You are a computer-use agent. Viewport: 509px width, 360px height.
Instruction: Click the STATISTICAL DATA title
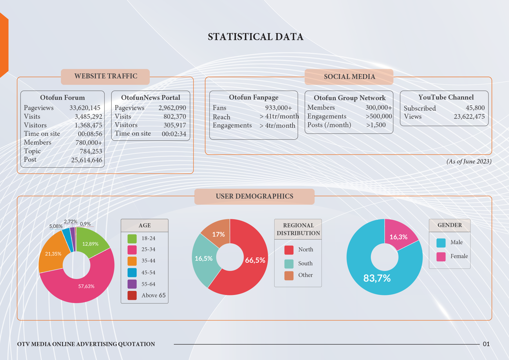tap(255, 37)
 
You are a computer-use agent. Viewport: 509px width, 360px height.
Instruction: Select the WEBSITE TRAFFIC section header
tap(106, 76)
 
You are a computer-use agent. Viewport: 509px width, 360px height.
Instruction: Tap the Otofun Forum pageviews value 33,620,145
tap(85, 108)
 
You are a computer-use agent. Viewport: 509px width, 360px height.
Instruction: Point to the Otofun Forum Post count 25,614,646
tap(86, 160)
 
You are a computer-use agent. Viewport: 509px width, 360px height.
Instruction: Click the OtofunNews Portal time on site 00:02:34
tap(174, 134)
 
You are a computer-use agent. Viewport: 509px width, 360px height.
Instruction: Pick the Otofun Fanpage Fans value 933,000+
tap(278, 108)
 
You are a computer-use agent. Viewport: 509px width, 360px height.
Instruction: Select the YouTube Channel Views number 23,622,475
tap(469, 117)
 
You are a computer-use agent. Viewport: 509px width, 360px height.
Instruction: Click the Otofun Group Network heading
tap(349, 98)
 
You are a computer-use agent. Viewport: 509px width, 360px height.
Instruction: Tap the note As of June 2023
tap(469, 161)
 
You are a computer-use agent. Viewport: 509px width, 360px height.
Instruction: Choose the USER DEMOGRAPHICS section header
tap(255, 196)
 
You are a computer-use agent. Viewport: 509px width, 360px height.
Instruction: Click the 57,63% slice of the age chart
tap(86, 286)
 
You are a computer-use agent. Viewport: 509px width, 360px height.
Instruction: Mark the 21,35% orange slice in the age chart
tap(53, 253)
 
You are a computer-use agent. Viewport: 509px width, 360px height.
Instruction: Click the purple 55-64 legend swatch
tap(132, 284)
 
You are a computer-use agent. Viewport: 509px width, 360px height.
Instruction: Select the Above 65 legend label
tap(154, 295)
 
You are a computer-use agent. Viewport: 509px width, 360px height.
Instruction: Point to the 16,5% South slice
tap(203, 258)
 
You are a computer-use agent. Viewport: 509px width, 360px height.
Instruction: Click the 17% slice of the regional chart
tap(218, 234)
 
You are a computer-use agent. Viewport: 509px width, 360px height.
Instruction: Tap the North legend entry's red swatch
tap(289, 250)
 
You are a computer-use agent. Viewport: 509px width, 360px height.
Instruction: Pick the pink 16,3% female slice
tap(398, 237)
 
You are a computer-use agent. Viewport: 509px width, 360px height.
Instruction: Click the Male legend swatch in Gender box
tap(441, 243)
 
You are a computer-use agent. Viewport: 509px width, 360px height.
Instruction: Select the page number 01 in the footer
tap(486, 344)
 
